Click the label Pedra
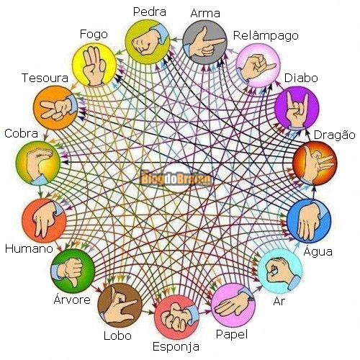150,12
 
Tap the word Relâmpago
266,36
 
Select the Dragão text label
335,135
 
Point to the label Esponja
176,347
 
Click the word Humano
29,248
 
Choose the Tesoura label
45,78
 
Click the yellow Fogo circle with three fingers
94,64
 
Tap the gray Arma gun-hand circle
204,42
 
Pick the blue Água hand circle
309,221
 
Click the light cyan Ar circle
280,271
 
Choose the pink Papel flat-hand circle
233,305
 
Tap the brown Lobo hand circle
120,305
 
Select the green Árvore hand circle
73,271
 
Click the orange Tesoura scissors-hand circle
55,107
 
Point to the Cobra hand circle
38,163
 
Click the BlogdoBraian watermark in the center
176,179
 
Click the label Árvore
72,300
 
